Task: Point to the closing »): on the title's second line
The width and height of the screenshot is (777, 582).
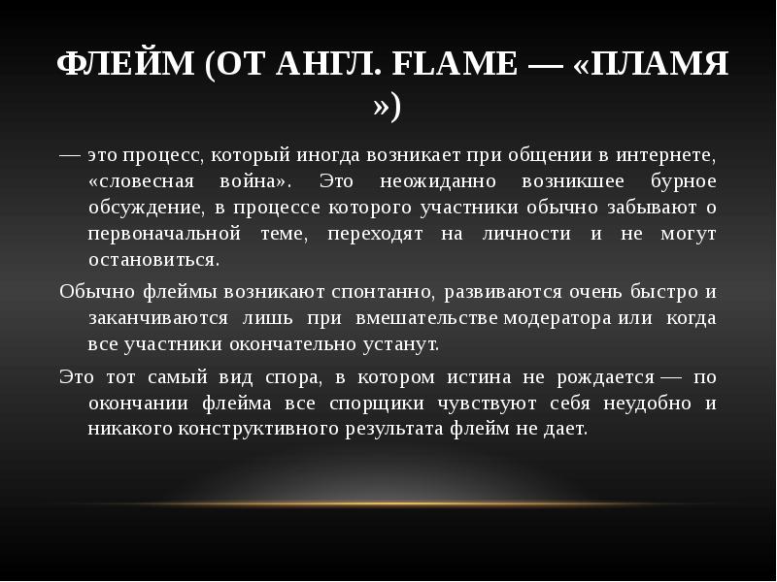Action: pos(388,106)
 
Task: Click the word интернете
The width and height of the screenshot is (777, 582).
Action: pos(669,155)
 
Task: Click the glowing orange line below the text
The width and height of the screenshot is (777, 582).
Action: pos(388,503)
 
